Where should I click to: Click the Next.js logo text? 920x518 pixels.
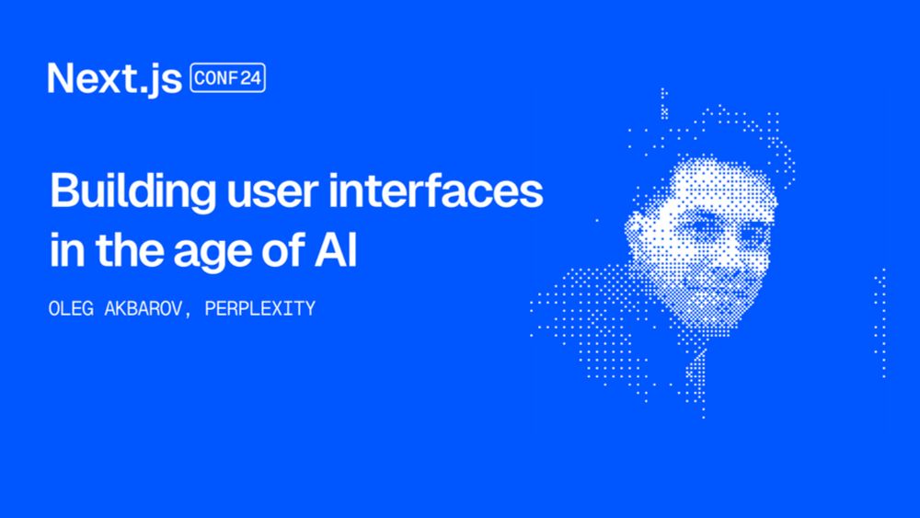pos(115,78)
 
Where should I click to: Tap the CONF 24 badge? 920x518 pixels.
pos(227,78)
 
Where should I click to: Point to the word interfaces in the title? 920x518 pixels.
pos(436,190)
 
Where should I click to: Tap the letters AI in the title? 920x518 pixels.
pos(336,250)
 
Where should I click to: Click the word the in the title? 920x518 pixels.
pos(129,250)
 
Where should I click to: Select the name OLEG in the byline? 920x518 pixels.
pos(71,308)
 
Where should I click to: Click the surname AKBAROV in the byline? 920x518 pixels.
pos(144,308)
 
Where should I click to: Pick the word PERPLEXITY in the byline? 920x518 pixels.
pos(260,308)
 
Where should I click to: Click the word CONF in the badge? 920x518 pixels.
pos(215,78)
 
